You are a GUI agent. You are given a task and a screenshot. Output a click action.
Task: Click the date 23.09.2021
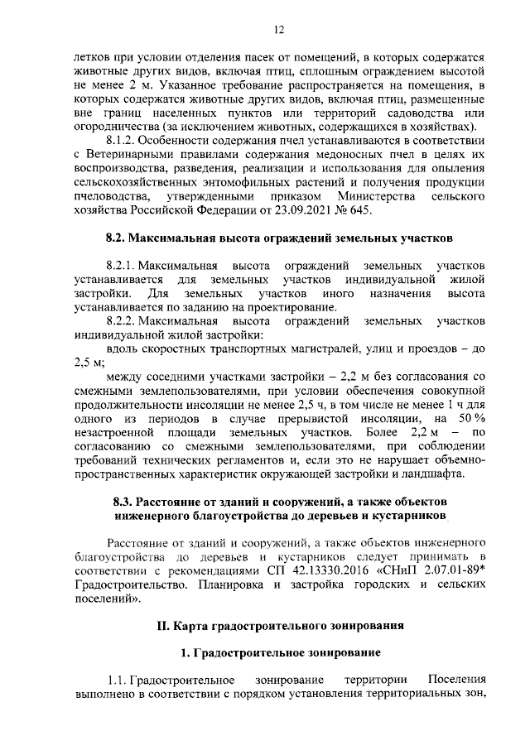pyautogui.click(x=314, y=210)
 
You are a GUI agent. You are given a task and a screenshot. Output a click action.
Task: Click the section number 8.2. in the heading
pyautogui.click(x=122, y=238)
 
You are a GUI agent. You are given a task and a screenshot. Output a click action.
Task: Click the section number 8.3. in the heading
pyautogui.click(x=127, y=503)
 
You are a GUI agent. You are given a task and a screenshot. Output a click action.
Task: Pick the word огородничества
pyautogui.click(x=115, y=126)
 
